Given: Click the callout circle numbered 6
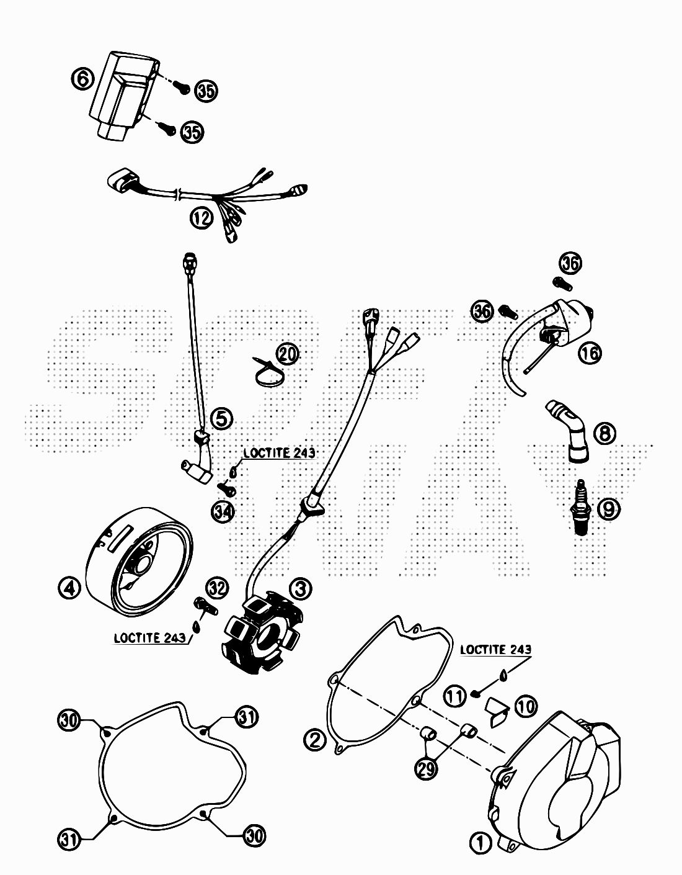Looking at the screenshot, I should (83, 79).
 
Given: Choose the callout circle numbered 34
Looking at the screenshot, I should (223, 511).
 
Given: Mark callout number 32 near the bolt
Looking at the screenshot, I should (217, 586).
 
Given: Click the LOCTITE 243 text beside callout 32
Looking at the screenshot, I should (150, 637).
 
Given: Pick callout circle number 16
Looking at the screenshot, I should (590, 354).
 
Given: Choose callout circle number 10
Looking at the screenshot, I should (526, 706).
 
